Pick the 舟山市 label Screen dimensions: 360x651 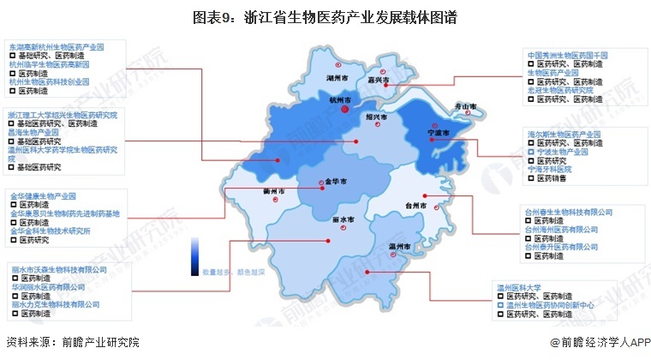[463, 106]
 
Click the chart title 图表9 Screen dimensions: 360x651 [325, 15]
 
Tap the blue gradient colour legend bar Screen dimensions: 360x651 [195, 252]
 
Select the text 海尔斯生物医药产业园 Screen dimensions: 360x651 [566, 135]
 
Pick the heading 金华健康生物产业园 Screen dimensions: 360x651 [44, 196]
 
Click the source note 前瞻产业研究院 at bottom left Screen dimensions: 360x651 [74, 342]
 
